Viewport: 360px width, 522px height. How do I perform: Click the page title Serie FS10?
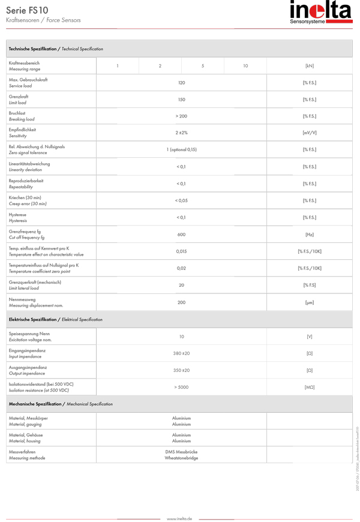[28, 10]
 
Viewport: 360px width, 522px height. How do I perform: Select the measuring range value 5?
[203, 66]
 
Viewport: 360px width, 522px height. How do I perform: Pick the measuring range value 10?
[245, 66]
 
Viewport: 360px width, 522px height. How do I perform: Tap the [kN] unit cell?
[310, 66]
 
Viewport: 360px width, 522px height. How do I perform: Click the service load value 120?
[181, 83]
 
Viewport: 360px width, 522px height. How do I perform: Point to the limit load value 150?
[181, 100]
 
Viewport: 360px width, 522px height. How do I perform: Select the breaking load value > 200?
[181, 116]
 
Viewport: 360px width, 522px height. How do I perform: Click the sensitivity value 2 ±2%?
[181, 133]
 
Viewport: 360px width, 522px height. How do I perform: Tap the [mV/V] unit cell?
[310, 133]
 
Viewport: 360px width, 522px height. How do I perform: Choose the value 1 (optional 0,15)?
[181, 150]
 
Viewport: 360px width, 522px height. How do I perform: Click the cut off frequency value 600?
[181, 235]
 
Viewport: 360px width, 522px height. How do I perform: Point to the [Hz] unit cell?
[310, 235]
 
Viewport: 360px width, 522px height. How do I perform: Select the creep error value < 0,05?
[181, 200]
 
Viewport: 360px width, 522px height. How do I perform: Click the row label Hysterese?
[18, 214]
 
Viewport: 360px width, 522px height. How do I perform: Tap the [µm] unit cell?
[310, 302]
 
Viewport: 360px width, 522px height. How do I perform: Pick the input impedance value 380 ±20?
[181, 353]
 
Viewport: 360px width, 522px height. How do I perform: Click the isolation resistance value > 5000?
[181, 387]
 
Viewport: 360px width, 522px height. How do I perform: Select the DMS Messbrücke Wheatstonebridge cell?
[181, 455]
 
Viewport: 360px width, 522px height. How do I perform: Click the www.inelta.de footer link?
[179, 518]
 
